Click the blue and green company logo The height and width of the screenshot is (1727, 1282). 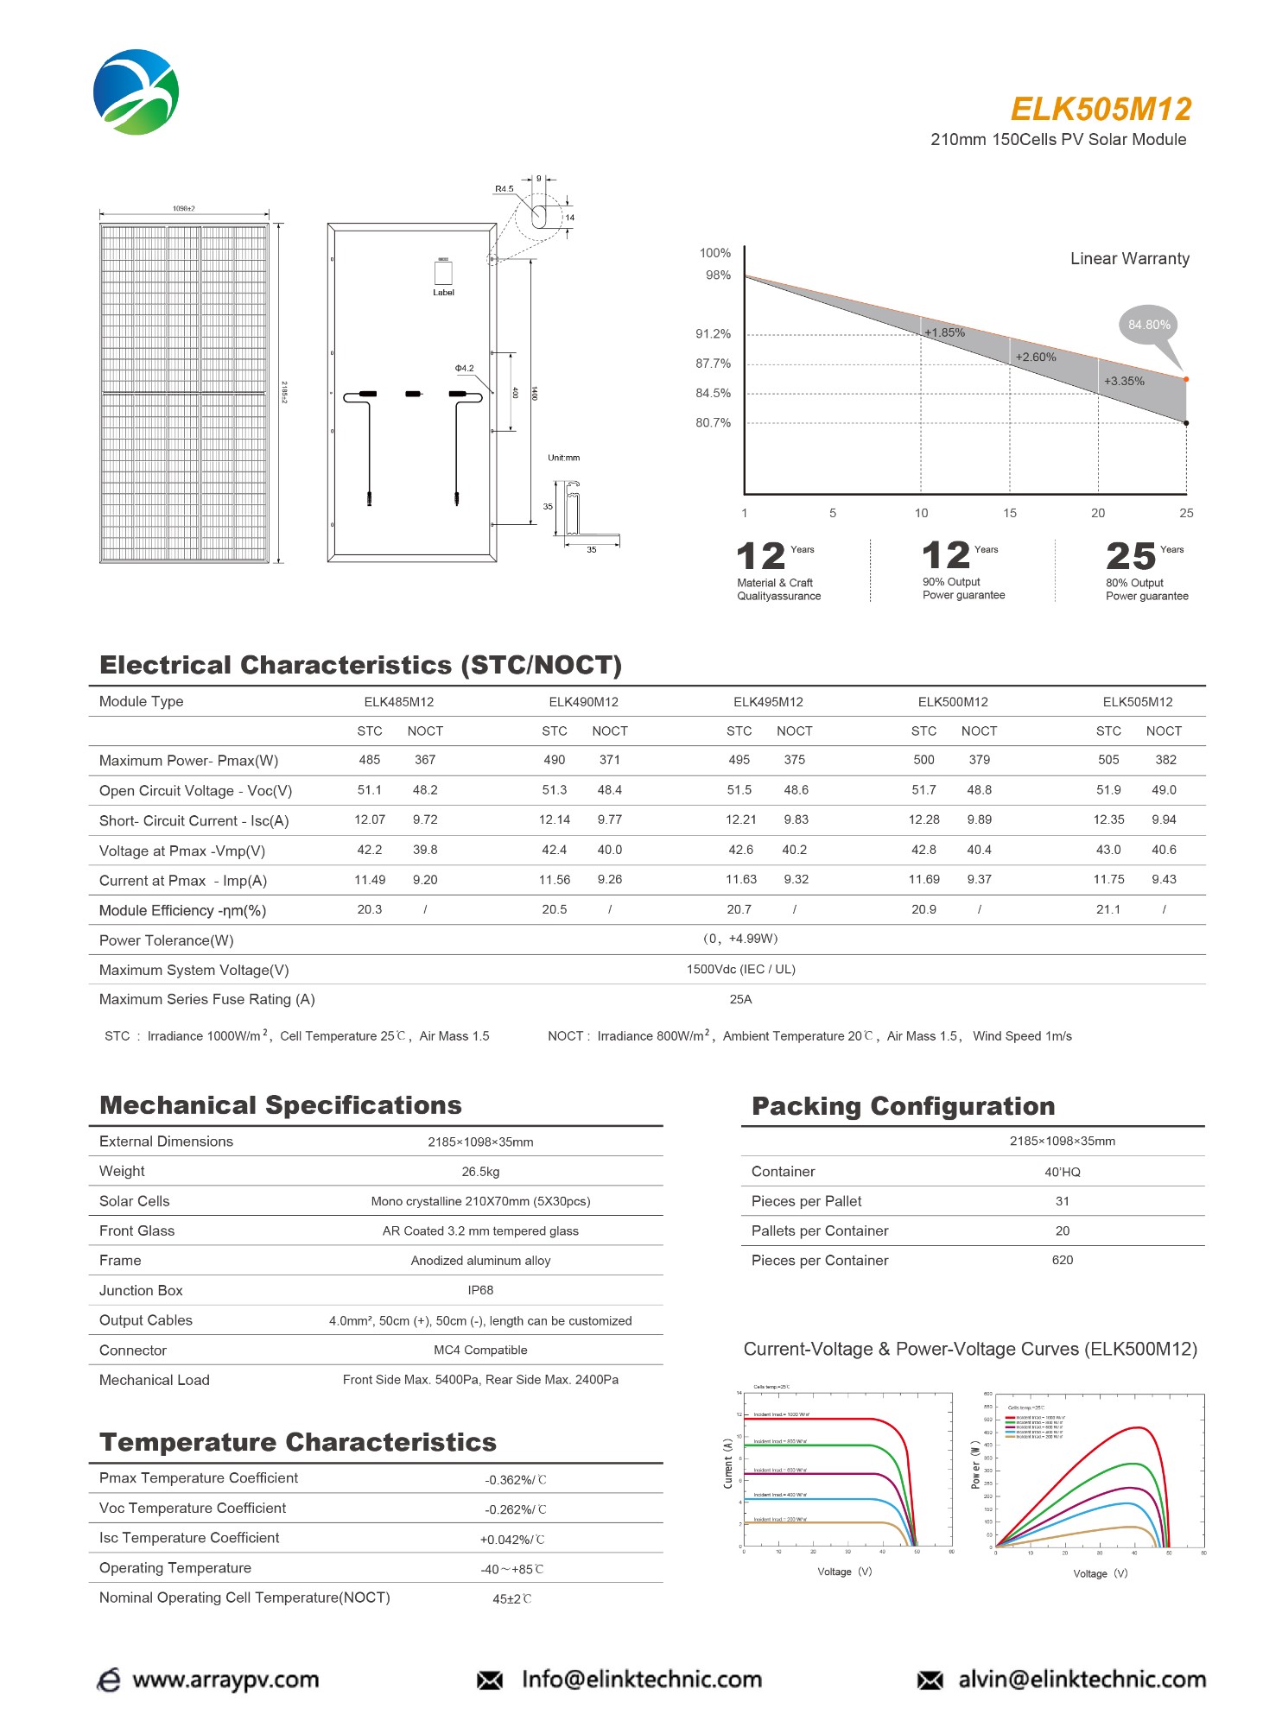(136, 92)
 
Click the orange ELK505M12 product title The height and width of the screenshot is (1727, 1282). (1101, 110)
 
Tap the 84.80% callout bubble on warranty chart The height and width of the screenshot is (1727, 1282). (1149, 326)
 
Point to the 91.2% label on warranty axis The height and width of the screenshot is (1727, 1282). (714, 334)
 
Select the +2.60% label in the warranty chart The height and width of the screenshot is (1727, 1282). (1035, 357)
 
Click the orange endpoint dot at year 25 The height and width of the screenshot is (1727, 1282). (1186, 379)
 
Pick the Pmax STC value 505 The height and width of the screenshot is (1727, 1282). (1108, 760)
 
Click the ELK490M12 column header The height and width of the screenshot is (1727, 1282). (583, 702)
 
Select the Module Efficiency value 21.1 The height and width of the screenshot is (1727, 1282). (1108, 909)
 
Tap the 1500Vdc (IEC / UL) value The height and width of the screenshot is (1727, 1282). (740, 969)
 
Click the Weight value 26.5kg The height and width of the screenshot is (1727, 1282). (480, 1172)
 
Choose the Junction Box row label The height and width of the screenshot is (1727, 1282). (141, 1290)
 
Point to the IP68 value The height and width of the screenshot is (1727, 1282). (480, 1290)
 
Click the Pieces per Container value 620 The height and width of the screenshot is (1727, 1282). (1062, 1260)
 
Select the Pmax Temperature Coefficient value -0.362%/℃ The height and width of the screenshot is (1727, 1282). (515, 1480)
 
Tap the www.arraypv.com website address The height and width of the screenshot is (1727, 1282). (225, 1680)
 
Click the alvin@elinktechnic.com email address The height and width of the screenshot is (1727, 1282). (1082, 1680)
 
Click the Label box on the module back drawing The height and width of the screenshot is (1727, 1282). (443, 273)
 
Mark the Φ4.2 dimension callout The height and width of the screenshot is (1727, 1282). (465, 368)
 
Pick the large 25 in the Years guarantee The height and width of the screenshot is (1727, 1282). (1130, 556)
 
